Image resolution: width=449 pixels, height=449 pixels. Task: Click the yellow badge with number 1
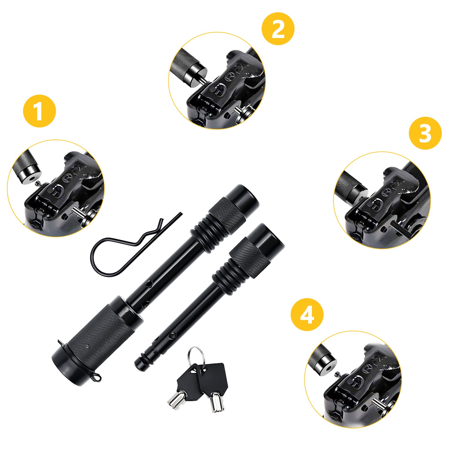(x=39, y=111)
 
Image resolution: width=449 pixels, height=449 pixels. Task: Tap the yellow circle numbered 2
(x=278, y=29)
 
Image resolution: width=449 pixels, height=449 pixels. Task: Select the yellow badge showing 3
(x=425, y=133)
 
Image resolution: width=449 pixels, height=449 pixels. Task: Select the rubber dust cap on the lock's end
(x=64, y=367)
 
